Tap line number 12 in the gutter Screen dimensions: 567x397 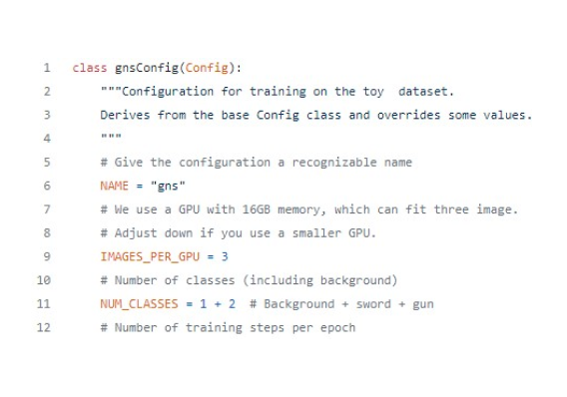44,326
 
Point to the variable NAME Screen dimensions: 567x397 114,186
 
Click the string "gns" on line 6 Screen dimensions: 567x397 167,186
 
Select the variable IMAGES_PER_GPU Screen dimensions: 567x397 142,255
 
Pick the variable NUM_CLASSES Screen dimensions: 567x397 133,302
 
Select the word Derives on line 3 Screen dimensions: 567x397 123,115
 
